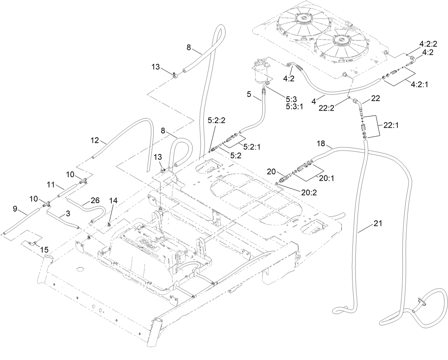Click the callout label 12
[x=94, y=141]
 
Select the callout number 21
[x=378, y=223]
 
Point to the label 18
[x=321, y=143]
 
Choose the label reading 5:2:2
[x=217, y=121]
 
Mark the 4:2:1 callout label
[x=420, y=85]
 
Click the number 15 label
[x=45, y=250]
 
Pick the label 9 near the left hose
[x=15, y=209]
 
